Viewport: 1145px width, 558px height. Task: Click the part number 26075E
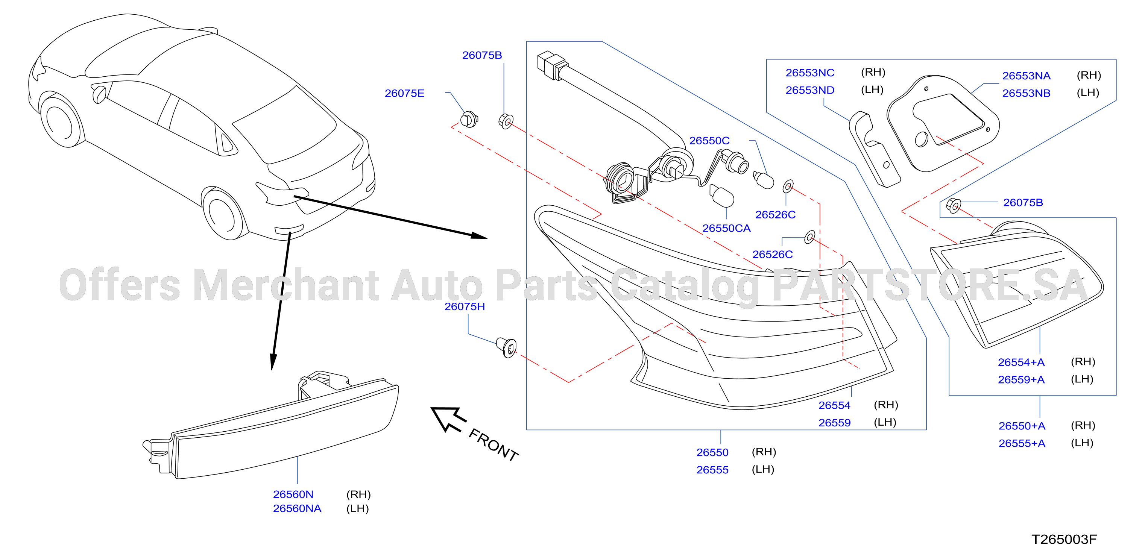point(404,93)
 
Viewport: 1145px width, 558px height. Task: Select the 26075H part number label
point(465,306)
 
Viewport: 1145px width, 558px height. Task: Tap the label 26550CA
point(726,228)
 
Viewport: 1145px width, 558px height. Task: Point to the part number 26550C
point(709,141)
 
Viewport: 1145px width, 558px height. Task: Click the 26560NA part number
point(297,508)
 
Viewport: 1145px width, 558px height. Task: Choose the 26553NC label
point(810,73)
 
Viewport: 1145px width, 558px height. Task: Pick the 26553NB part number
point(1026,93)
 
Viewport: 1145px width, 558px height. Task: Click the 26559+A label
point(1021,380)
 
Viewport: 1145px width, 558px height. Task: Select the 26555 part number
point(712,470)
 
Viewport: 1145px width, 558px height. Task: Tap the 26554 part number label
point(834,406)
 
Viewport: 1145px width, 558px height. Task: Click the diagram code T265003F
point(1064,539)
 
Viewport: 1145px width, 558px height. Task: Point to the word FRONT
point(494,445)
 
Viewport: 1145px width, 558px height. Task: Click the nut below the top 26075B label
point(506,121)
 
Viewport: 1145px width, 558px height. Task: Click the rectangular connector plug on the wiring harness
point(551,66)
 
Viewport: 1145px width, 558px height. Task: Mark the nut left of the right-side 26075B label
point(954,205)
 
